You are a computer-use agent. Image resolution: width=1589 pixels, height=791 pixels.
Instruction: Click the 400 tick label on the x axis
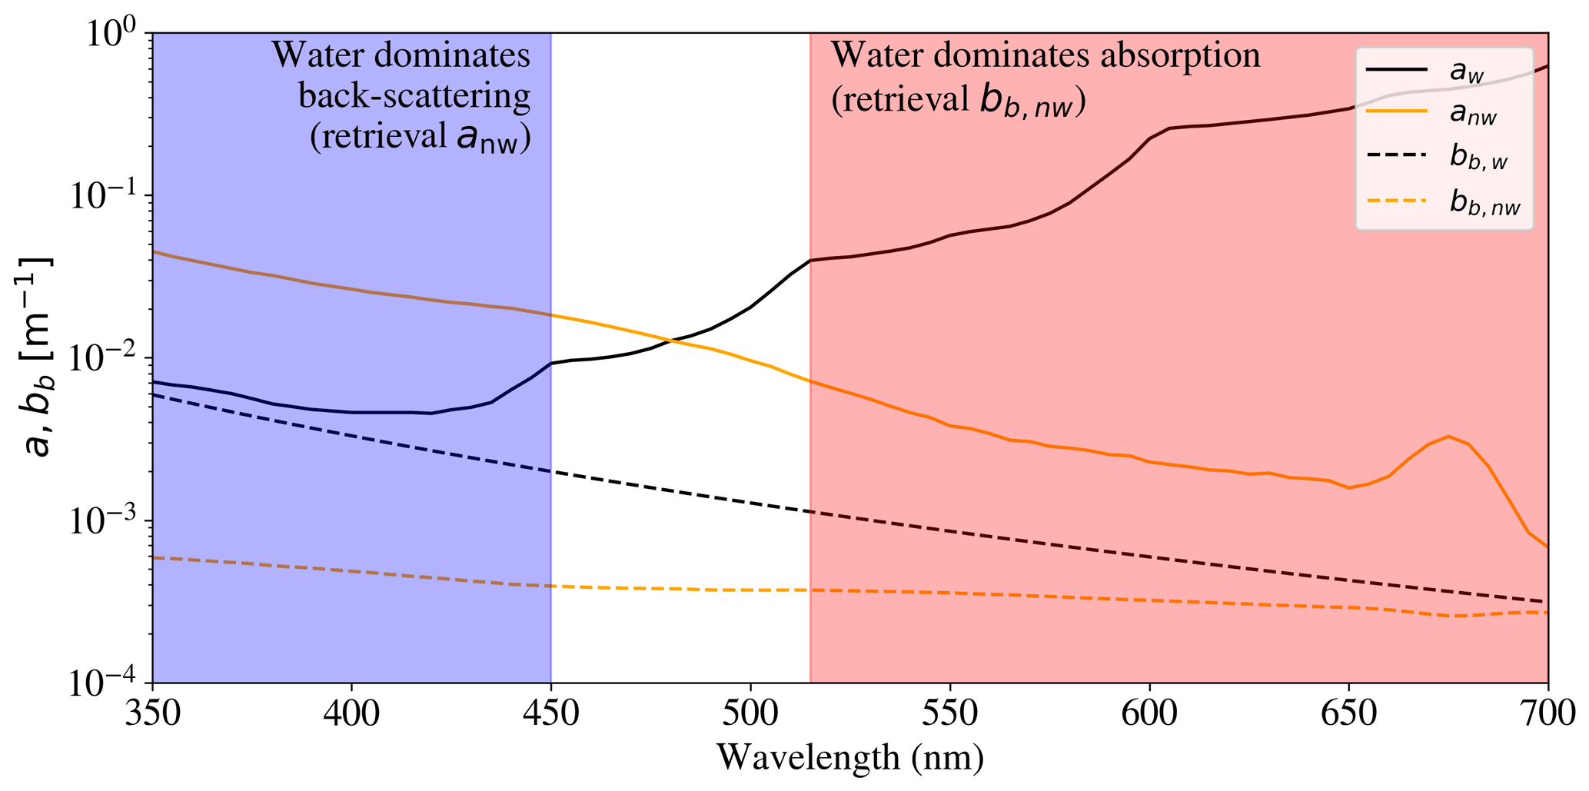coord(351,715)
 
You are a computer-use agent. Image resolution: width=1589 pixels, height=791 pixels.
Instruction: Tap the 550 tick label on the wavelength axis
coord(950,715)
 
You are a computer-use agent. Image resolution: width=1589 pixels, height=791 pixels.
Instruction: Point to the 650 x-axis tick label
coord(1348,715)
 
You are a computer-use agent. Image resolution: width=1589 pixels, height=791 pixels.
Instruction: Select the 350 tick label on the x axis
coord(152,715)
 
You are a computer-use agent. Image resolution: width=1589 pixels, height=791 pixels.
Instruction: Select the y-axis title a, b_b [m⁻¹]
coord(37,357)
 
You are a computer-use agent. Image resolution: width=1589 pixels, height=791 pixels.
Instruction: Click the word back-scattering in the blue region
coord(414,97)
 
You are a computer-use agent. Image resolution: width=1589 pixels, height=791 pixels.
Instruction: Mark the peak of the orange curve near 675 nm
coord(1448,437)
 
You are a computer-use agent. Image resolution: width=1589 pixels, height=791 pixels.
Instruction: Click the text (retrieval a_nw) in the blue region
coord(420,138)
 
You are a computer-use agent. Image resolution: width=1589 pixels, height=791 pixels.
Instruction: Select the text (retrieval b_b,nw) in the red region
coord(958,101)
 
